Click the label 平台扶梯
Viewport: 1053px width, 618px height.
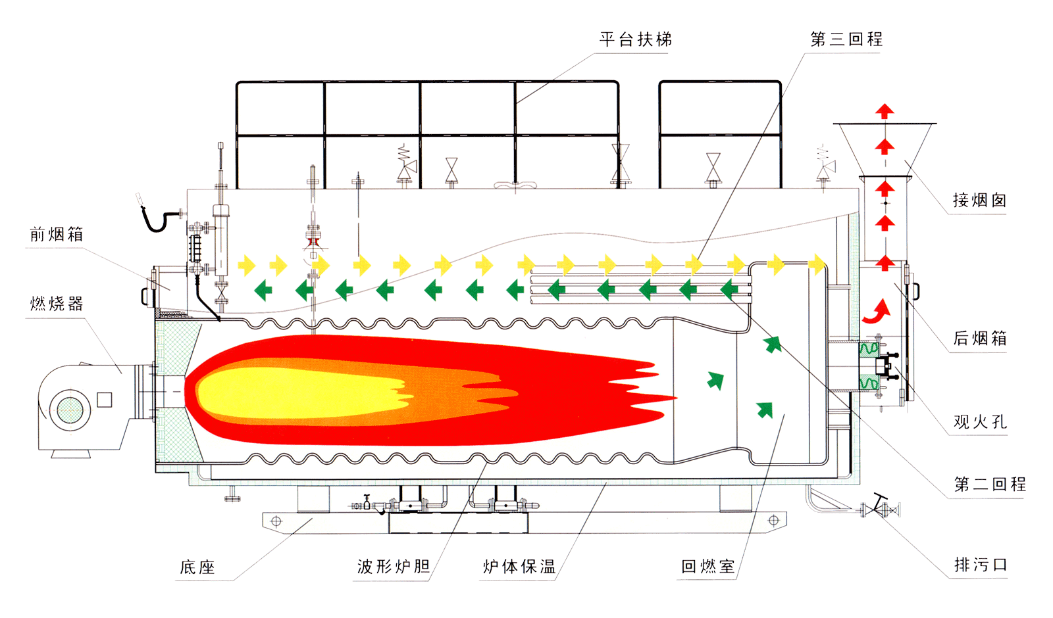pos(636,39)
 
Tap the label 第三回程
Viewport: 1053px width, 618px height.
pos(846,39)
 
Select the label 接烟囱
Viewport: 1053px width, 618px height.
pos(979,200)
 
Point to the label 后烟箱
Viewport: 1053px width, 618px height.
pos(980,338)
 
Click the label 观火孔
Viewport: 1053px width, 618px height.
pos(980,421)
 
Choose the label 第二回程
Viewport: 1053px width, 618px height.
pos(990,484)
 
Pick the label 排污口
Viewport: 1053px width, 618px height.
pos(980,565)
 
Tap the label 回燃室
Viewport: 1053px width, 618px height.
pos(708,566)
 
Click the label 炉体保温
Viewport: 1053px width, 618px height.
pos(519,566)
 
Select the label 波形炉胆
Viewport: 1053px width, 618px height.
pos(394,566)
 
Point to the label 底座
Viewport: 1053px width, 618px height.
pos(197,567)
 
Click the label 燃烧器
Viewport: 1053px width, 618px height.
pos(57,304)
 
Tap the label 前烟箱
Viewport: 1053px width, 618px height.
pos(57,234)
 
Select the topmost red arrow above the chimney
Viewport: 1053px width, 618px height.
pos(885,111)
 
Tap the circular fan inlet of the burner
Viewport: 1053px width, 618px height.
pos(70,410)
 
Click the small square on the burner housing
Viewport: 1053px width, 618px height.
pos(105,400)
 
